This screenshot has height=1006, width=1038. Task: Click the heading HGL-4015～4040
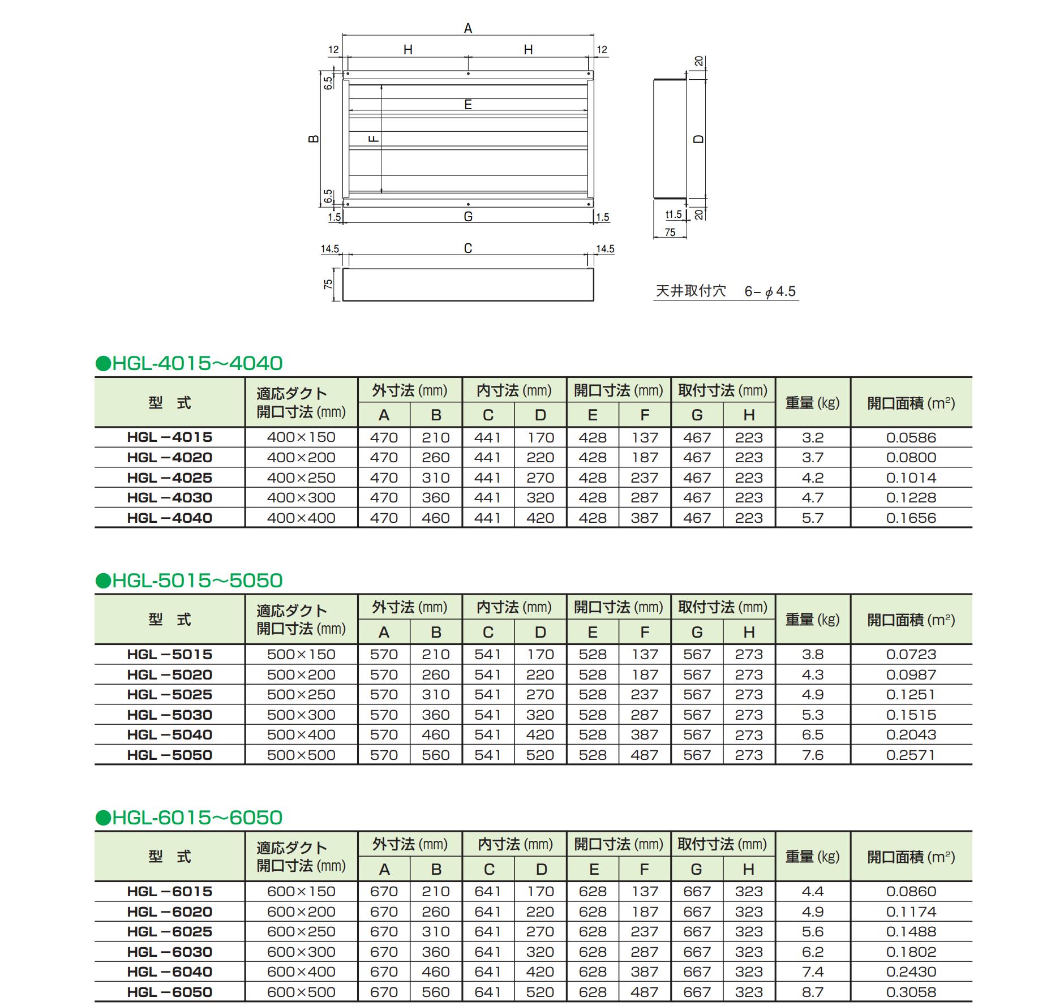pyautogui.click(x=189, y=363)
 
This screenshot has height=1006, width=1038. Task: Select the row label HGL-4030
pyautogui.click(x=169, y=497)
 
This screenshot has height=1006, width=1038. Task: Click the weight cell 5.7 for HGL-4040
pyautogui.click(x=812, y=518)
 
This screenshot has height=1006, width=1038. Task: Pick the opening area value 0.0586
pyautogui.click(x=911, y=437)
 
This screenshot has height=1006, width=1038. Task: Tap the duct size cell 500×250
pyautogui.click(x=301, y=694)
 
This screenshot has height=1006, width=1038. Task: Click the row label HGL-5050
pyautogui.click(x=169, y=755)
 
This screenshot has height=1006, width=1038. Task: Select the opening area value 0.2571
pyautogui.click(x=911, y=755)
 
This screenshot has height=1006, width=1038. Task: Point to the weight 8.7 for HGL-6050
pyautogui.click(x=812, y=992)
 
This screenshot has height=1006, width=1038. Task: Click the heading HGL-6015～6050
pyautogui.click(x=189, y=817)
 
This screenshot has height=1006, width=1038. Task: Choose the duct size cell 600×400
pyautogui.click(x=301, y=971)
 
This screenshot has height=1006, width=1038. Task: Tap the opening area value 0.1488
pyautogui.click(x=911, y=931)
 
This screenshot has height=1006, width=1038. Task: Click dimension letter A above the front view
pyautogui.click(x=467, y=28)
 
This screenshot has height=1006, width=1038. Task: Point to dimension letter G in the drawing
pyautogui.click(x=467, y=217)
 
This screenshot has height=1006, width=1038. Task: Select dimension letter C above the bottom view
pyautogui.click(x=467, y=248)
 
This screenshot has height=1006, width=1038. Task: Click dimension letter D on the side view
pyautogui.click(x=699, y=139)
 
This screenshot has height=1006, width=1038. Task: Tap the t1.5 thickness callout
pyautogui.click(x=673, y=214)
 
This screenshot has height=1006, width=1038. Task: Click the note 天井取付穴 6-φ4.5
pyautogui.click(x=726, y=291)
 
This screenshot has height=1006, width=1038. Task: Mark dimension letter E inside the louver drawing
pyautogui.click(x=467, y=105)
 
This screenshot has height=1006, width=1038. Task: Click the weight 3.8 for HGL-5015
pyautogui.click(x=812, y=654)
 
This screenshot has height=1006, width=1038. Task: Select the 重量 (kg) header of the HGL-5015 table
pyautogui.click(x=812, y=620)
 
